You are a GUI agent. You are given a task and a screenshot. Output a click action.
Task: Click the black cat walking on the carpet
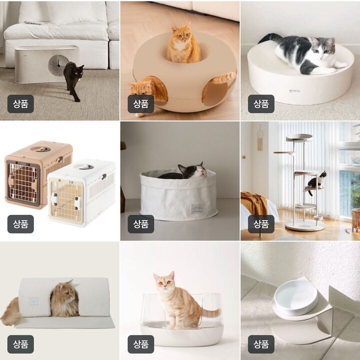(x=72, y=80)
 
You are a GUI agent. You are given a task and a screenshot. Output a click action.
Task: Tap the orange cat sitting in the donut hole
(x=183, y=44)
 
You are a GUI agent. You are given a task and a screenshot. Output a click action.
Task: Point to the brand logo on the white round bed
(x=294, y=91)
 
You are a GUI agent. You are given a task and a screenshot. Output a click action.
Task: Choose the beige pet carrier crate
(x=38, y=172)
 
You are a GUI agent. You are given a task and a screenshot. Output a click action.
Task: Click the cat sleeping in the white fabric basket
(x=181, y=172)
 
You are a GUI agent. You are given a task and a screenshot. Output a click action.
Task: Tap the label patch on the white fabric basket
(x=197, y=209)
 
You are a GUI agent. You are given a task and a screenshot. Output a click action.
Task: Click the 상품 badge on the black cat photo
(x=20, y=104)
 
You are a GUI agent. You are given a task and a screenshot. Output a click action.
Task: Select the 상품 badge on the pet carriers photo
(x=20, y=224)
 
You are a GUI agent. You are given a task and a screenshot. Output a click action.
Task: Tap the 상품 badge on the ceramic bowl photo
(x=261, y=344)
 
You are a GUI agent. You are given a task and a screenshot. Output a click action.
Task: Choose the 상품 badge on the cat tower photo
(x=261, y=224)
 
